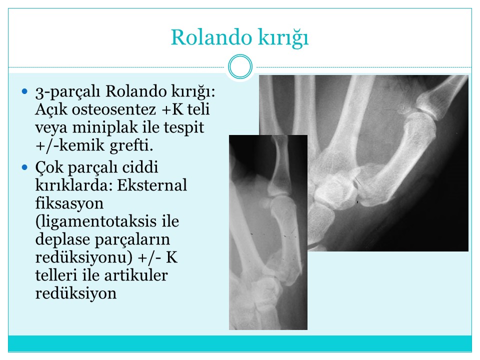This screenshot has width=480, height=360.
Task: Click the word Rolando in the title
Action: [211, 37]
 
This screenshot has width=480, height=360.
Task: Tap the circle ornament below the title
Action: [240, 66]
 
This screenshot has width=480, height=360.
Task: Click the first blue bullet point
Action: [25, 91]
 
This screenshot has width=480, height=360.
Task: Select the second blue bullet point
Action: [25, 167]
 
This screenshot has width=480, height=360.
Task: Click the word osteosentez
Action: [114, 109]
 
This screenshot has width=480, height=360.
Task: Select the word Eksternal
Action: [152, 185]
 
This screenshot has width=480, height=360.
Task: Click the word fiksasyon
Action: [69, 203]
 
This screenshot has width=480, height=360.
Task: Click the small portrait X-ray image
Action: [268, 232]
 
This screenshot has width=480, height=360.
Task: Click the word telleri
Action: [56, 275]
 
